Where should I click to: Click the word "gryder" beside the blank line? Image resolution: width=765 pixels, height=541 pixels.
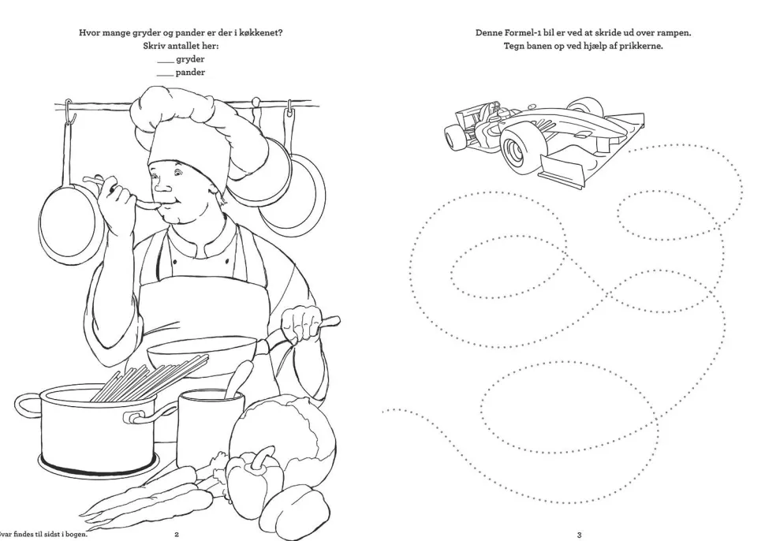click(x=190, y=59)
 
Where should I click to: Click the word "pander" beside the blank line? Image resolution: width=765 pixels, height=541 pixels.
click(x=190, y=73)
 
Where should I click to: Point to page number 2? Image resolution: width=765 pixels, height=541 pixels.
click(x=177, y=534)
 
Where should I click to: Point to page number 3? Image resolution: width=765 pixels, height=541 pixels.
click(x=579, y=535)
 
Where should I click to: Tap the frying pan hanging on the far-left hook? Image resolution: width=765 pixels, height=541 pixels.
click(x=68, y=215)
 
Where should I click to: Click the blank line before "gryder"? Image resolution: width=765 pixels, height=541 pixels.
click(x=166, y=62)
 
